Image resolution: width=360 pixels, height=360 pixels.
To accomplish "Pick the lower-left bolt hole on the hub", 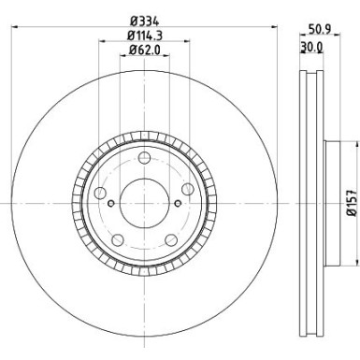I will (x=120, y=231).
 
